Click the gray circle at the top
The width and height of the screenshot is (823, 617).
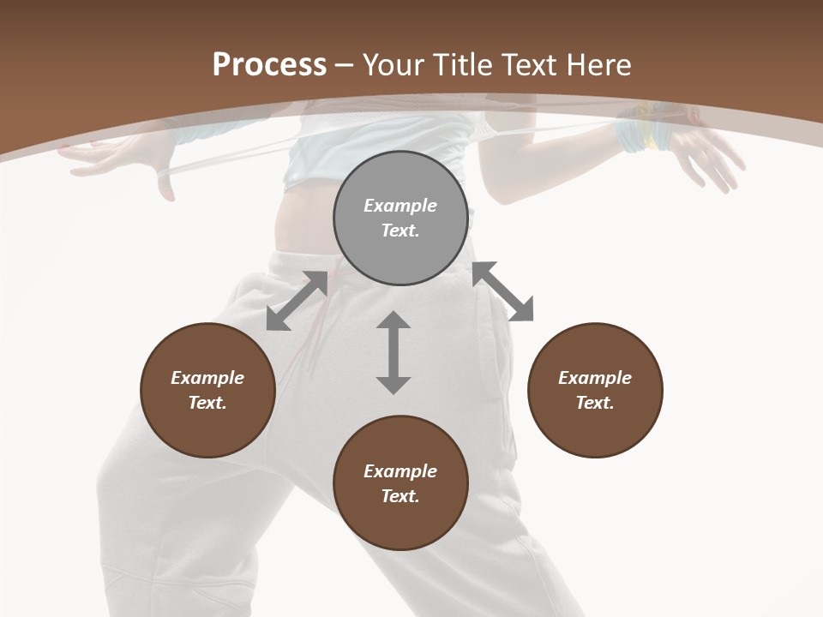(x=400, y=219)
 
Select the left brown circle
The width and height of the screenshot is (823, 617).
(x=207, y=390)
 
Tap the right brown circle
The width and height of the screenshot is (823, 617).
(x=595, y=390)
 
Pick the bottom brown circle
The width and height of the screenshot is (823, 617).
(x=400, y=483)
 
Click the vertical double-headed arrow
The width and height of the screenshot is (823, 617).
(x=393, y=352)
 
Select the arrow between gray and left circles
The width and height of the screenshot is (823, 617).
(x=297, y=301)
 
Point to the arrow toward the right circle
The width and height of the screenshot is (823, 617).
(x=503, y=292)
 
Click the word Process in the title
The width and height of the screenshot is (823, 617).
(x=269, y=64)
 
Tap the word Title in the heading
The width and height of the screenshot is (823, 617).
(x=463, y=64)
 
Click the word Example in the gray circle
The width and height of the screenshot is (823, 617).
(x=400, y=206)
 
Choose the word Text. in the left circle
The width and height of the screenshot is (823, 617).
(x=207, y=403)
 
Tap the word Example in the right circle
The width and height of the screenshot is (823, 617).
(x=595, y=378)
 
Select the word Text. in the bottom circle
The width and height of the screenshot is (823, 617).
(x=400, y=496)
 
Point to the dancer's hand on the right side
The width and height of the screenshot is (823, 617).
(x=707, y=159)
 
